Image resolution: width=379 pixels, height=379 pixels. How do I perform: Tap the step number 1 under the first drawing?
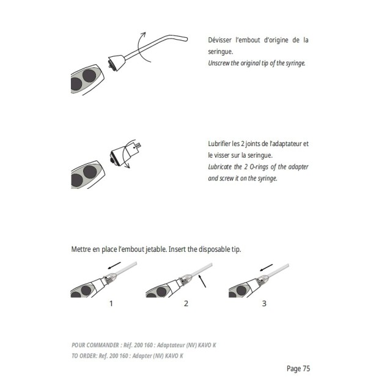click(111, 304)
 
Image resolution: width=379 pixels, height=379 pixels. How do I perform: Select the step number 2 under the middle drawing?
click(186, 304)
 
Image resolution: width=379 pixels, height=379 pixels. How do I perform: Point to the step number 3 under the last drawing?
click(263, 304)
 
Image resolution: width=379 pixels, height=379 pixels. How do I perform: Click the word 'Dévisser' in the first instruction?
click(222, 40)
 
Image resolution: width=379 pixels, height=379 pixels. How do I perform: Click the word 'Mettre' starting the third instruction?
click(83, 249)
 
